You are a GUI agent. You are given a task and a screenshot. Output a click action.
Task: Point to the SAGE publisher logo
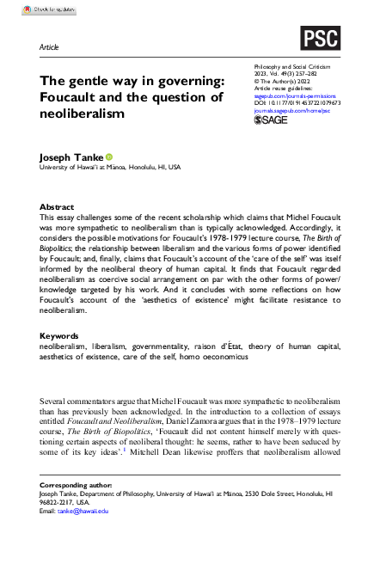pos(273,121)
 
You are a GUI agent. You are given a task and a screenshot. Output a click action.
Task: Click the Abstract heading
pos(58,207)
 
